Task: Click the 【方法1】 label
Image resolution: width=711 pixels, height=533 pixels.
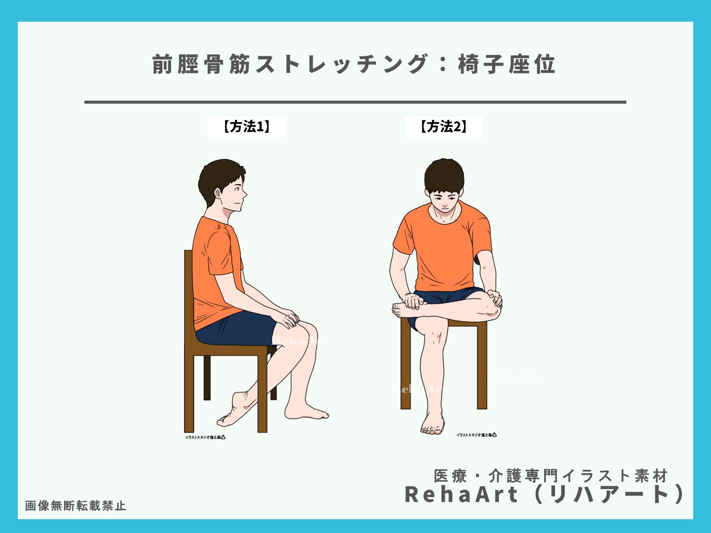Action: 246,127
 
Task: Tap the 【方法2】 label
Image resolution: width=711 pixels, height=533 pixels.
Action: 443,127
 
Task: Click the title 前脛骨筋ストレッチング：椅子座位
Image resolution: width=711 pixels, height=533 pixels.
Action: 354,65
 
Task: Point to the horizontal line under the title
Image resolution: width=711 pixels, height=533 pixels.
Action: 355,102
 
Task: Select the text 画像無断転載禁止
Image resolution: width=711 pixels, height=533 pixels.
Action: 76,506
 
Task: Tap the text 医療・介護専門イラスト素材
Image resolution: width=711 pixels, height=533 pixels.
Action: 551,476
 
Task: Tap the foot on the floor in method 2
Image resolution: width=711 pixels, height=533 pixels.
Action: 433,424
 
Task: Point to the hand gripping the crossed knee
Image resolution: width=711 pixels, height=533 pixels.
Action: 494,299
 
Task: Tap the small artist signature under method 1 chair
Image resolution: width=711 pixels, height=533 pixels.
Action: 205,437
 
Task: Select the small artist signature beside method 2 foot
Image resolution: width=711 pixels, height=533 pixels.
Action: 476,435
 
